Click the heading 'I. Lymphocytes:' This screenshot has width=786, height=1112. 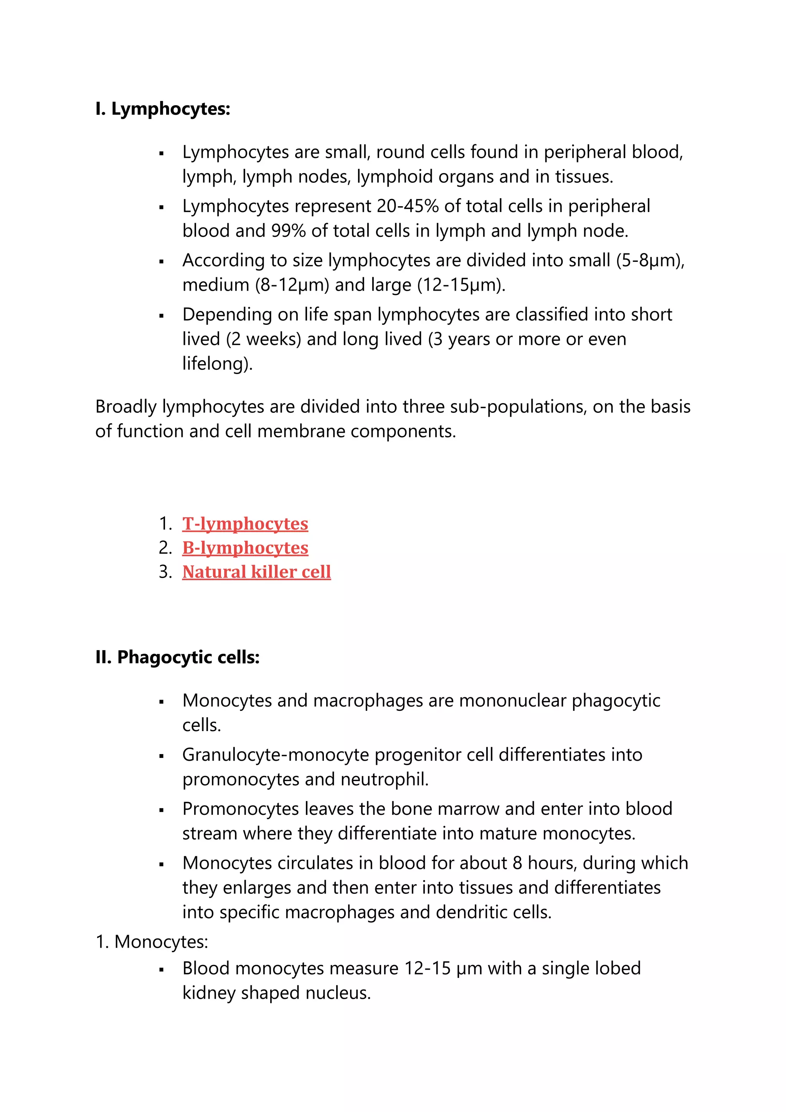tap(163, 109)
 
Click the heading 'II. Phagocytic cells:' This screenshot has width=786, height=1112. tap(177, 657)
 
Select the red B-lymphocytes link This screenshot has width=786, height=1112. tap(245, 548)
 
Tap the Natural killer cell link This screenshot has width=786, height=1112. tap(256, 572)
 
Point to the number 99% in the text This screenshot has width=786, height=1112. tap(289, 231)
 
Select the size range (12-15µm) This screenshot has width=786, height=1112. tap(461, 285)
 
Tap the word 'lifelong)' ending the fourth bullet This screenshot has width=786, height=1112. tap(217, 364)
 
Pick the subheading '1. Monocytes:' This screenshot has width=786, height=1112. tap(152, 942)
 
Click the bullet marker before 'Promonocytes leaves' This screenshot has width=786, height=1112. tap(162, 810)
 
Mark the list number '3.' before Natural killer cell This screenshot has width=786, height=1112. tap(165, 572)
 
